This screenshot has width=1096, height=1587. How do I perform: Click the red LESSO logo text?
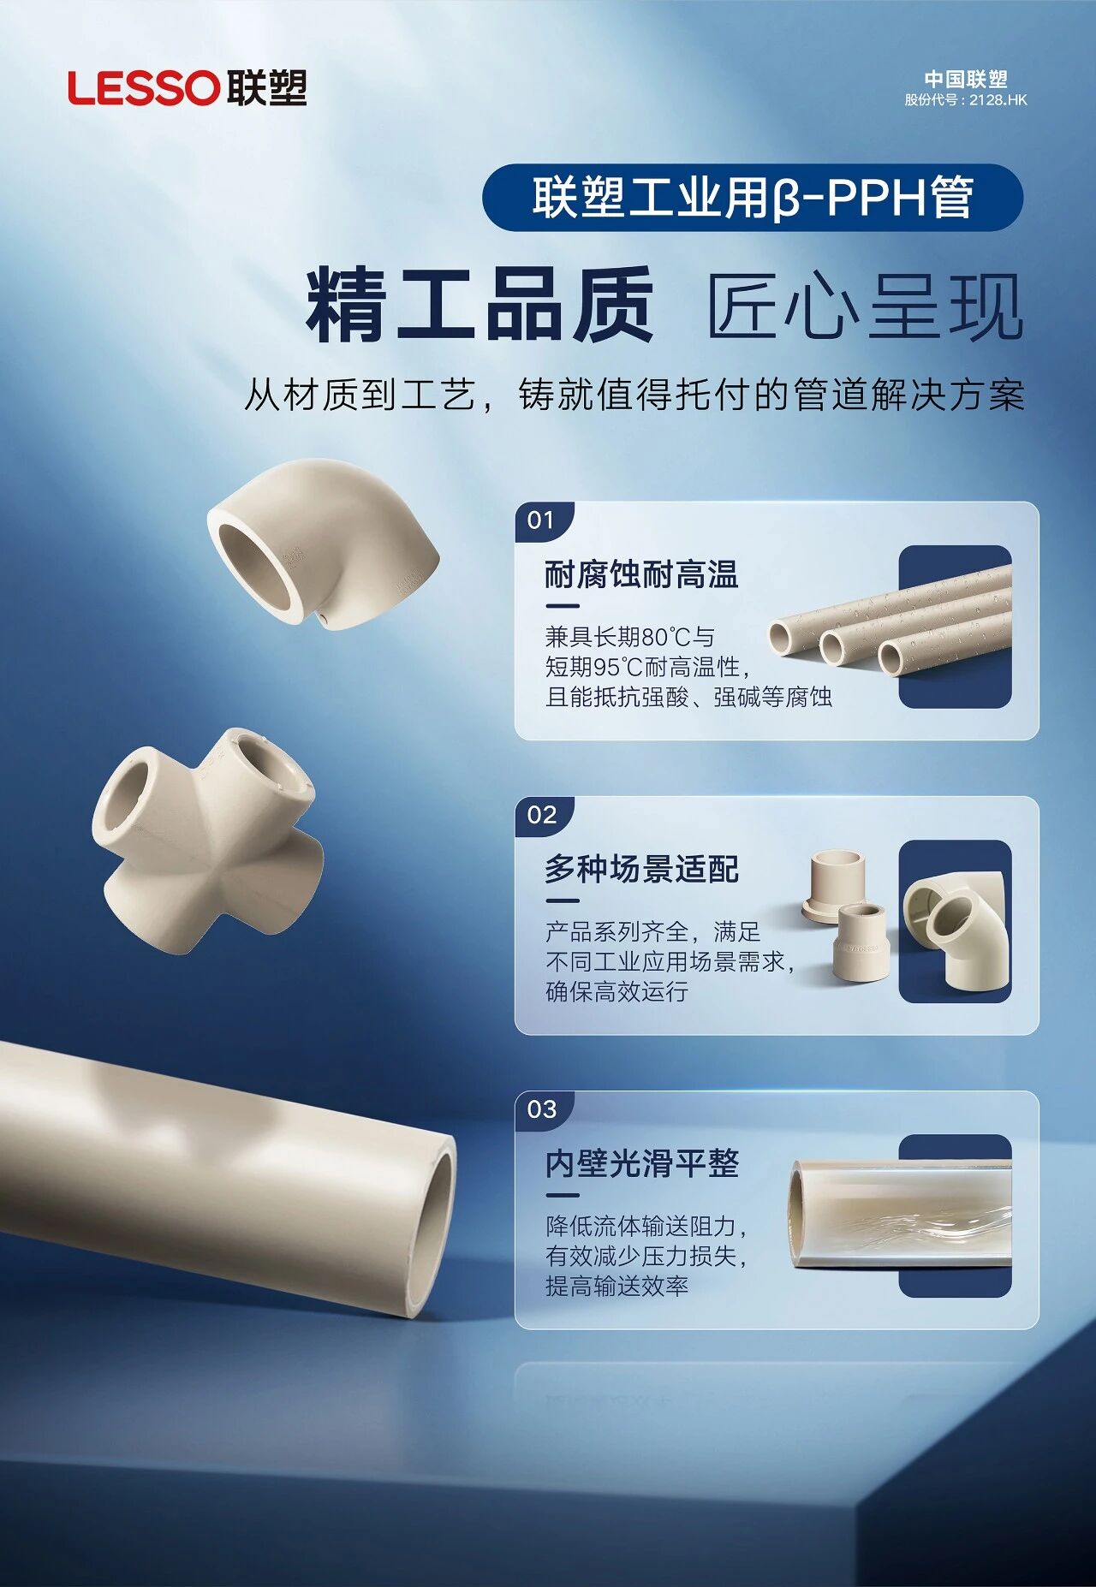point(144,88)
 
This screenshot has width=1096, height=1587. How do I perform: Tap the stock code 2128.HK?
point(998,99)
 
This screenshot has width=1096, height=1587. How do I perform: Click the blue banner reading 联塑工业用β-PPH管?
point(753,198)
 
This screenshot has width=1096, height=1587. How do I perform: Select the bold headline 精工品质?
point(480,305)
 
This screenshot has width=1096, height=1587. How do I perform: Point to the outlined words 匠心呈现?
point(865,306)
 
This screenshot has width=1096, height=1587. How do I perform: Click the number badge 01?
point(541,520)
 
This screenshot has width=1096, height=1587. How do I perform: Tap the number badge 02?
point(542,814)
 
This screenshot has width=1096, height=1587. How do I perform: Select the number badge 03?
point(542,1109)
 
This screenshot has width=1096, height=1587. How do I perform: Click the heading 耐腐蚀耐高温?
point(641,574)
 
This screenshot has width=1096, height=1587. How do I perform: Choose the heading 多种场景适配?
point(641,869)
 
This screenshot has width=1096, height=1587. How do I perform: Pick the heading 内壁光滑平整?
point(641,1163)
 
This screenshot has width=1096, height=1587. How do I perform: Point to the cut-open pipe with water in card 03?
point(900,1213)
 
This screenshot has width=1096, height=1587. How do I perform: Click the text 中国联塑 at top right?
point(966,79)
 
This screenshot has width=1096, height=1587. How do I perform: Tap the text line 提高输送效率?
point(617,1286)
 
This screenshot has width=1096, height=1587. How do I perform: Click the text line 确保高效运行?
point(617,991)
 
